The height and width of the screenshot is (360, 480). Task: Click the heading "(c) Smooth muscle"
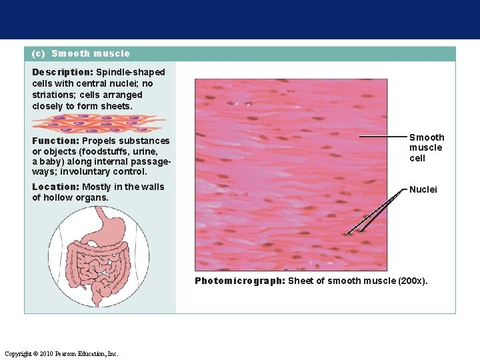(81, 53)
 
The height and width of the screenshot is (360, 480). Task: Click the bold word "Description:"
(63, 71)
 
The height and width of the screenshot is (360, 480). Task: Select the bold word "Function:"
(55, 141)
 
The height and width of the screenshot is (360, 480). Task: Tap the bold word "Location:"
(55, 187)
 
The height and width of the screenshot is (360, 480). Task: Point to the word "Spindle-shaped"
(131, 71)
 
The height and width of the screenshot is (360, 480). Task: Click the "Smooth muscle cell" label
(426, 147)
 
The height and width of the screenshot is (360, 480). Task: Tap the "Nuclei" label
(423, 189)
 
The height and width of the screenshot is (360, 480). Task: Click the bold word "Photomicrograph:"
(239, 281)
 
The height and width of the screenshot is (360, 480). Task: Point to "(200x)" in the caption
(413, 281)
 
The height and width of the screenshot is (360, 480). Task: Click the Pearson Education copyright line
(61, 353)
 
